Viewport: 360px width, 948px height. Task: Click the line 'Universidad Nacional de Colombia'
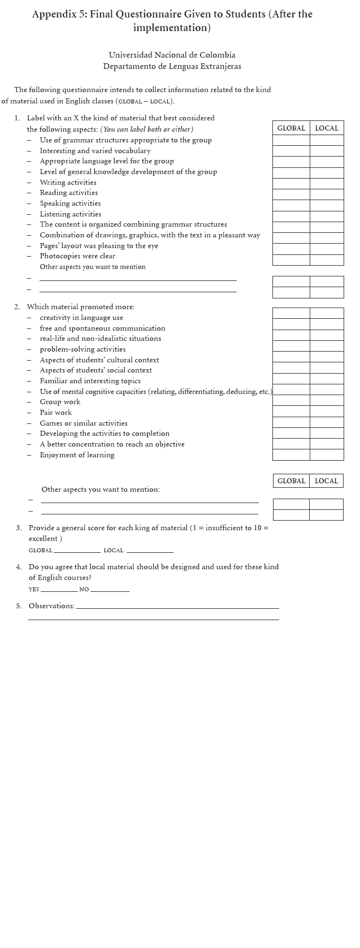[x=172, y=55]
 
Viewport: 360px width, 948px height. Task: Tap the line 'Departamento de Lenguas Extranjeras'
[x=172, y=66]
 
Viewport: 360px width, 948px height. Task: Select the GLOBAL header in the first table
[x=291, y=128]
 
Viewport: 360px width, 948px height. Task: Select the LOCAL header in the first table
[x=327, y=128]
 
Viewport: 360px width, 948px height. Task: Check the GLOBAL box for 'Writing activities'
[x=291, y=184]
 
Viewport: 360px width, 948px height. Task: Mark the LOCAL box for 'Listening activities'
[x=327, y=216]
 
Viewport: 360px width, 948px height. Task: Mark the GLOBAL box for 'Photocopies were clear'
[x=291, y=259]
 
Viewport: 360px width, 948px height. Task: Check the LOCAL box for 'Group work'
[x=327, y=401]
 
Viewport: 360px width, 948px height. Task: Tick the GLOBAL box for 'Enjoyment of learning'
[x=291, y=454]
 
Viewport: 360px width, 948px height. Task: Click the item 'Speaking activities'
[x=70, y=204]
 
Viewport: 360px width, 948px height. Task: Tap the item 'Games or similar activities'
[x=84, y=423]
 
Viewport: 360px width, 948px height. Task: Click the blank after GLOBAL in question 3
[x=77, y=550]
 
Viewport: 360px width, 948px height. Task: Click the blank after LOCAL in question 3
[x=150, y=550]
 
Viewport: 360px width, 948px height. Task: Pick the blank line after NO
[x=110, y=590]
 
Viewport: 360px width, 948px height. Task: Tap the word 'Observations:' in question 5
[x=51, y=606]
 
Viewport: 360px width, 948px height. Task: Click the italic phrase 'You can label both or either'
[x=146, y=129]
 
